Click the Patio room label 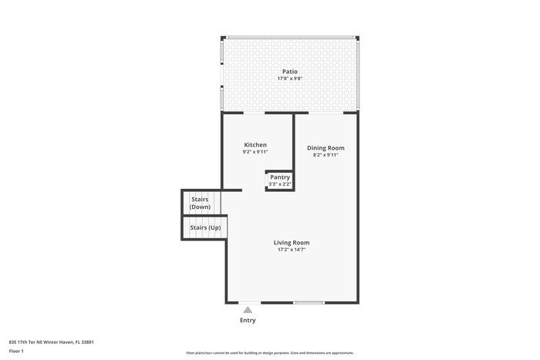(x=289, y=72)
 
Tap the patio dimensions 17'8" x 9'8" (x=289, y=79)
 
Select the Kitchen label (x=255, y=145)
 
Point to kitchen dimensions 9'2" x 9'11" (x=255, y=152)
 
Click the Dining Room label (x=326, y=147)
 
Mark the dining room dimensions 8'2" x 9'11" (x=326, y=155)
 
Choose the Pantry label (x=279, y=177)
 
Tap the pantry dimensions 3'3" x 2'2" (x=279, y=184)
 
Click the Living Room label (x=292, y=243)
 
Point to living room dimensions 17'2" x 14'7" (x=292, y=250)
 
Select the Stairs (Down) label (x=200, y=203)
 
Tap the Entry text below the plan (x=248, y=321)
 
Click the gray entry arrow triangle (x=248, y=310)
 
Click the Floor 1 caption (x=16, y=352)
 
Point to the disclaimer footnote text (x=270, y=352)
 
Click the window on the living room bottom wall (x=309, y=302)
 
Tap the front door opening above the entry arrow (x=248, y=302)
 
